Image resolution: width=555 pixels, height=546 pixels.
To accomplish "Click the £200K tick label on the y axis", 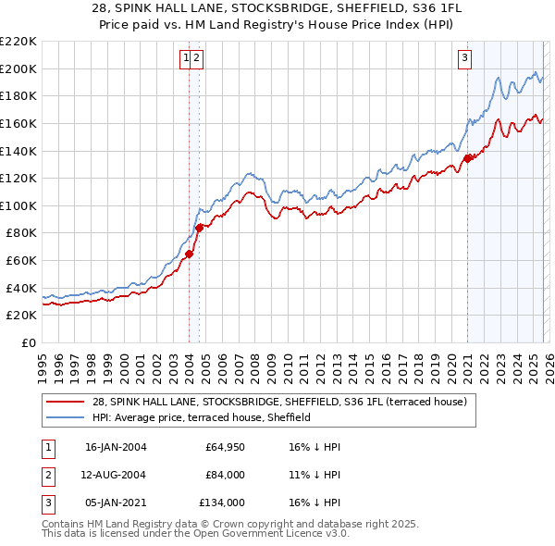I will click(18, 68).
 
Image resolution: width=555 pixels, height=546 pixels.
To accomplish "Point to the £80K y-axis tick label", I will click(21, 233).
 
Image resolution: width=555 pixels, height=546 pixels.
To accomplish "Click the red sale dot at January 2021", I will click(467, 158).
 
